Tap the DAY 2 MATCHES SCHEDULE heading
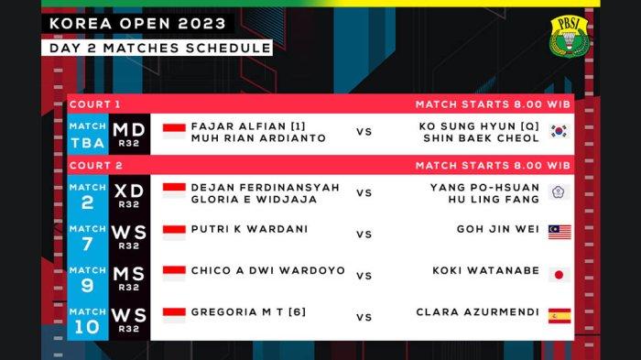tap(160, 47)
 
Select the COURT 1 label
tap(93, 104)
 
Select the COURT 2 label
tap(93, 165)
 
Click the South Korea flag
tap(559, 131)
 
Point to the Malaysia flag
tap(560, 233)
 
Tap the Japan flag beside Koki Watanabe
tap(560, 274)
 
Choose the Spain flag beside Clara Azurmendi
tap(560, 316)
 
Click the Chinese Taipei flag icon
tap(559, 192)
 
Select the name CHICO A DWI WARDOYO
tap(267, 271)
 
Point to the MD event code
tap(128, 131)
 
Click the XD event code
tap(128, 191)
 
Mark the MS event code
tap(128, 273)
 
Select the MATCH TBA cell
tap(87, 136)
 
